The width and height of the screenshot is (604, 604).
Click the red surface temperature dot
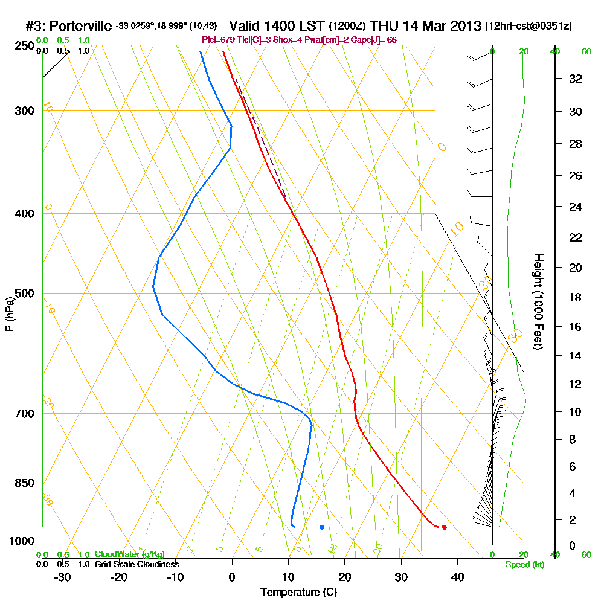pyautogui.click(x=444, y=527)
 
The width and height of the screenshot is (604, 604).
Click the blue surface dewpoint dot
pyautogui.click(x=322, y=527)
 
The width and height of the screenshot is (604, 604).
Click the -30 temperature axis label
pyautogui.click(x=63, y=577)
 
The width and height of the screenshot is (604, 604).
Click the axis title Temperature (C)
pyautogui.click(x=298, y=593)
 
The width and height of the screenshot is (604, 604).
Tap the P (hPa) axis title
pyautogui.click(x=10, y=313)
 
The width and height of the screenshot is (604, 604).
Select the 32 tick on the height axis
pyautogui.click(x=576, y=79)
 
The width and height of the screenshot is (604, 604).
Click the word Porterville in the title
pyautogui.click(x=80, y=27)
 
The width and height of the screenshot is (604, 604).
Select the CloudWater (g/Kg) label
pyautogui.click(x=129, y=554)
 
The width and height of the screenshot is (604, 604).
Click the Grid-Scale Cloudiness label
pyautogui.click(x=136, y=564)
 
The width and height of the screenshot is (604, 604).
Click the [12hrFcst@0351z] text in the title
pyautogui.click(x=528, y=27)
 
